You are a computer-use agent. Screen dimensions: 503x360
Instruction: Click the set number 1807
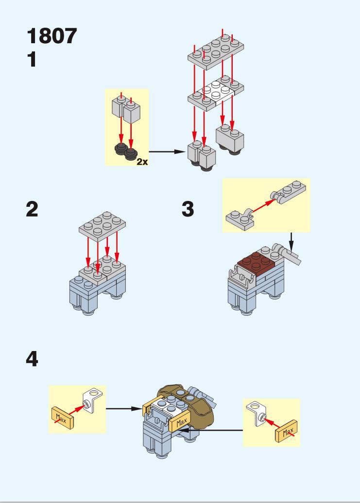coord(52,36)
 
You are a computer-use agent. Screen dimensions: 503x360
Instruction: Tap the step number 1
coord(32,60)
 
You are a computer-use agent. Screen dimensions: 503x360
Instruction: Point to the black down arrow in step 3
coord(291,240)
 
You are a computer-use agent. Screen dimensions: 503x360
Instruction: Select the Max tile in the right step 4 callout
coord(286,432)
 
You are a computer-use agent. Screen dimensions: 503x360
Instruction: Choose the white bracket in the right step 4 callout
coord(256,414)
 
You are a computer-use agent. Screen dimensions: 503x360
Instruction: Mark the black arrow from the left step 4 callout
coord(124,408)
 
